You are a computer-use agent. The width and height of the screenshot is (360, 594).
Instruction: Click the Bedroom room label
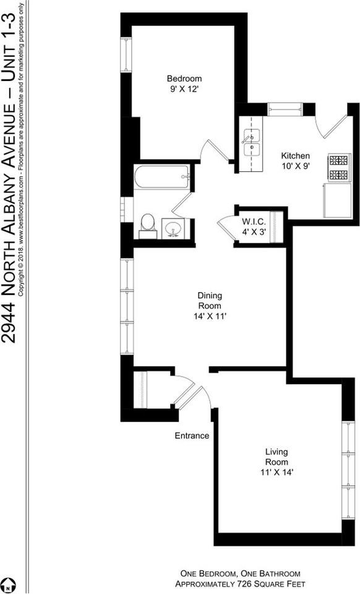(x=184, y=79)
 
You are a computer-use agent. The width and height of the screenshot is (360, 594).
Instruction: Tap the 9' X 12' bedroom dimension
(x=184, y=89)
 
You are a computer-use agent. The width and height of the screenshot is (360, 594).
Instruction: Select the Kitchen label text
(x=295, y=156)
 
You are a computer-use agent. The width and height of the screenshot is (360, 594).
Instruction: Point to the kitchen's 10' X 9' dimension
(x=295, y=166)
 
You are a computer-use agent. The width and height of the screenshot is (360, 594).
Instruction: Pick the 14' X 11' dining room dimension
(x=210, y=316)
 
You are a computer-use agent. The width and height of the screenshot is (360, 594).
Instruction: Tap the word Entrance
(x=191, y=436)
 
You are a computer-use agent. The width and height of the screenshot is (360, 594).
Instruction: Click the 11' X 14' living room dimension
(x=276, y=474)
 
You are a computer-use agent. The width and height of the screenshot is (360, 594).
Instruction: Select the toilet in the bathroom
(x=147, y=225)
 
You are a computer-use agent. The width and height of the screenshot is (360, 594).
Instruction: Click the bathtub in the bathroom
(x=162, y=176)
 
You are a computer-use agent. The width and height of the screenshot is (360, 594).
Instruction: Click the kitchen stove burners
(x=339, y=168)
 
